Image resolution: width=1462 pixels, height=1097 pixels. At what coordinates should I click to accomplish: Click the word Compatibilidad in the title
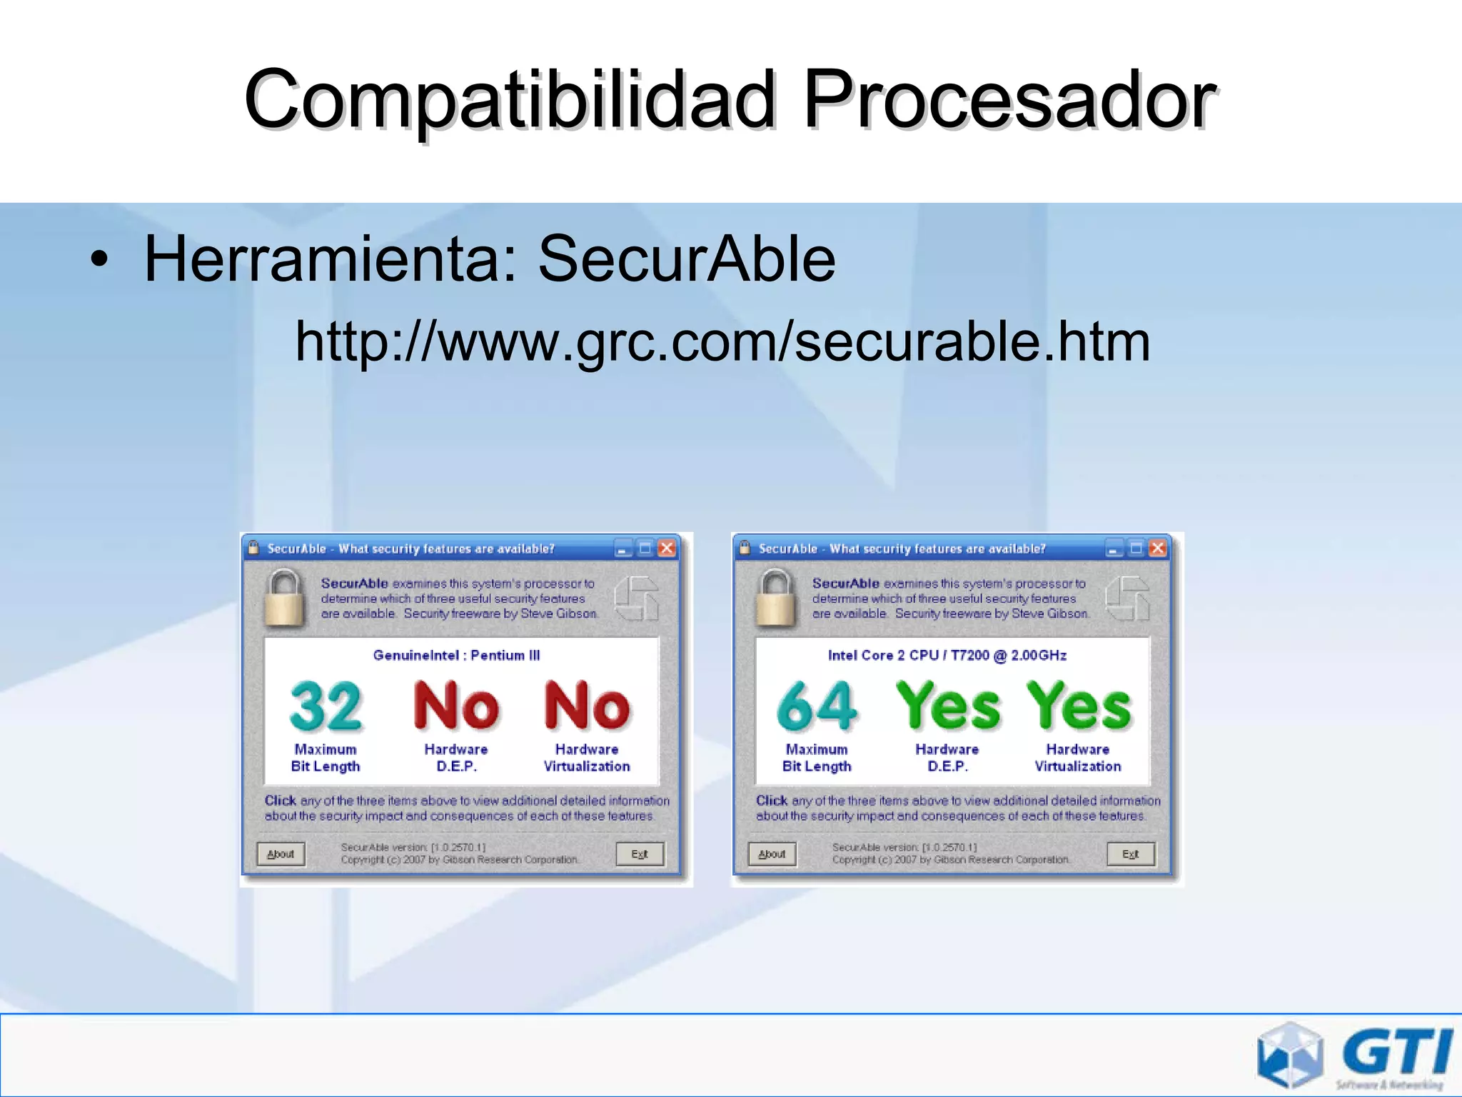click(x=510, y=100)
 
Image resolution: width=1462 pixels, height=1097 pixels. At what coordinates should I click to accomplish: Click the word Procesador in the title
click(x=1009, y=100)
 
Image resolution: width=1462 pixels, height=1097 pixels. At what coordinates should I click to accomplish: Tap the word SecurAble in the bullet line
click(x=686, y=259)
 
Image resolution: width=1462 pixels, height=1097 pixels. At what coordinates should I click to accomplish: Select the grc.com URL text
click(x=722, y=341)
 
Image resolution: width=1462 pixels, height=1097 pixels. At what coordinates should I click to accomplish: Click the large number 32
click(x=326, y=706)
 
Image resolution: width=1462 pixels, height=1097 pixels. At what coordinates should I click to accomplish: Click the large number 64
click(x=817, y=706)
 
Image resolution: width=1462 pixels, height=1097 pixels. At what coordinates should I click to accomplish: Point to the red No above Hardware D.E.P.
click(x=456, y=706)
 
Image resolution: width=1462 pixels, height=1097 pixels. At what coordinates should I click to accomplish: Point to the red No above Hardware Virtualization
click(x=587, y=706)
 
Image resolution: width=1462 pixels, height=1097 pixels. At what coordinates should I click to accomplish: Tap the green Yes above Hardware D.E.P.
click(x=948, y=706)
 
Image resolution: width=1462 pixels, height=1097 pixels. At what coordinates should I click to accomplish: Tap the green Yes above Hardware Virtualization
click(x=1079, y=706)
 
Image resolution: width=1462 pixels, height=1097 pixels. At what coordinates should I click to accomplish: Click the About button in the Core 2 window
click(x=772, y=853)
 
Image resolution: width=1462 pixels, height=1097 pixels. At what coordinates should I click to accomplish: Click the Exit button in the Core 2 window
click(x=1131, y=853)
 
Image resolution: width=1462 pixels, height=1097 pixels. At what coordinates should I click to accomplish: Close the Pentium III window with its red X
click(x=667, y=548)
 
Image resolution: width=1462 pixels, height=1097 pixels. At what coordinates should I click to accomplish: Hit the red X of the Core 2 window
click(x=1158, y=548)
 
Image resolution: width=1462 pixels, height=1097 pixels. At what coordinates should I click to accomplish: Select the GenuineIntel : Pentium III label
click(x=456, y=655)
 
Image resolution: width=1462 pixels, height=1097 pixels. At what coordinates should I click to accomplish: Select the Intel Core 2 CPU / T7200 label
click(x=947, y=655)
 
